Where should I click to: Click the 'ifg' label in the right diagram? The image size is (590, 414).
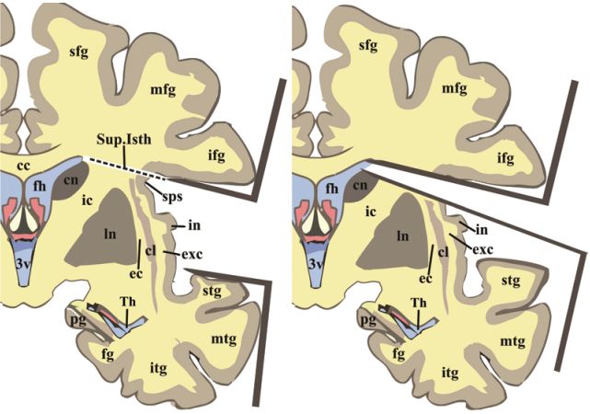click(505, 158)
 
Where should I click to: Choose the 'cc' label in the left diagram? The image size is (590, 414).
click(16, 154)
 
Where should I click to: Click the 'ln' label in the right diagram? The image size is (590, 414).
click(401, 236)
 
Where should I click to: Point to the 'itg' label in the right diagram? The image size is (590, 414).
click(450, 373)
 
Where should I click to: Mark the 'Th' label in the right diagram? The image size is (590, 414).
click(418, 303)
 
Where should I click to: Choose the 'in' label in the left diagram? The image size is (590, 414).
click(195, 224)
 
